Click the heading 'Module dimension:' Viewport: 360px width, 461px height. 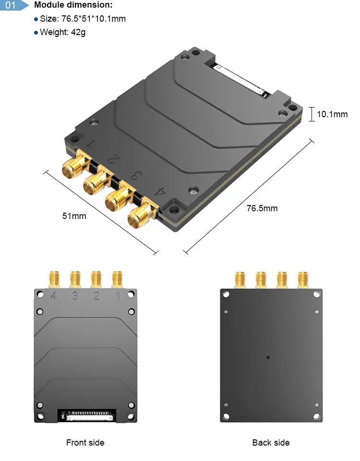click(x=73, y=5)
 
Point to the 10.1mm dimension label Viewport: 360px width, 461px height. click(x=332, y=114)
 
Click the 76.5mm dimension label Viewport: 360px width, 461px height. click(x=262, y=208)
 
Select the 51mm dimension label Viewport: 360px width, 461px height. click(x=74, y=216)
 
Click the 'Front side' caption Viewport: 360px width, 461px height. click(x=85, y=442)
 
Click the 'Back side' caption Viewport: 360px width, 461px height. click(x=271, y=442)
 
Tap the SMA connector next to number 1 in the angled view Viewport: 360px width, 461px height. click(x=72, y=166)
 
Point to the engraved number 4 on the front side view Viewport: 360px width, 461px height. click(x=54, y=296)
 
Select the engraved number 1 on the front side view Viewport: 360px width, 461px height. click(x=118, y=296)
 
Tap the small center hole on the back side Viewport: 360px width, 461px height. click(x=268, y=357)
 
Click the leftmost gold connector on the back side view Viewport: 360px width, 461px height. click(x=240, y=280)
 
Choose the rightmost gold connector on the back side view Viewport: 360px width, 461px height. click(x=302, y=280)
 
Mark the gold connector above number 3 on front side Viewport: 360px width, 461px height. click(x=75, y=279)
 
